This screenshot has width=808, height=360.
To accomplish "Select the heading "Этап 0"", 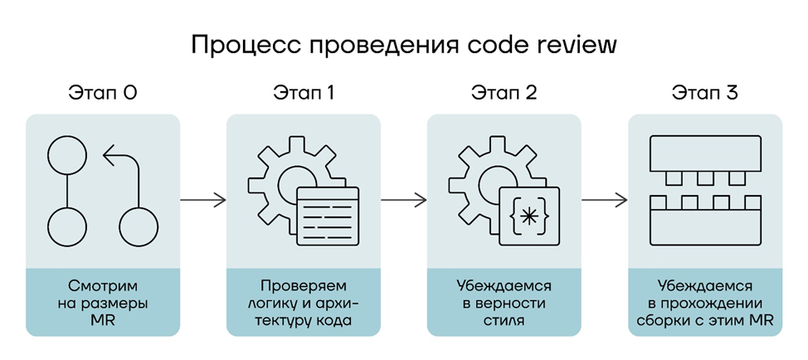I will point(102,93).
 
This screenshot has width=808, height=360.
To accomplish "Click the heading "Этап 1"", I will point(304,93).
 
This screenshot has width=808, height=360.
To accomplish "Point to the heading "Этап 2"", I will point(504,93).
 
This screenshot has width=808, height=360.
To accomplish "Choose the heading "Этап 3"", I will point(705,93).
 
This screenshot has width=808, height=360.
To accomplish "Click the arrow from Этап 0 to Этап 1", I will point(202,199).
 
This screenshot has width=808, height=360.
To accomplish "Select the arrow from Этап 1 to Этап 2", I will point(403,199).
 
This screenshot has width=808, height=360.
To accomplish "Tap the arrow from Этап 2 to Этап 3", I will point(604,199).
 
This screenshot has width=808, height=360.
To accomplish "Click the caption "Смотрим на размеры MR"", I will point(102,302).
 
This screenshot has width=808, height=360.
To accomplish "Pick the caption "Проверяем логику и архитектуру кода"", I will point(304,302).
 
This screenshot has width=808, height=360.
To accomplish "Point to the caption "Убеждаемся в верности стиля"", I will point(504,302).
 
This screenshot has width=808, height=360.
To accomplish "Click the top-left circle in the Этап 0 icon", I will point(67,154).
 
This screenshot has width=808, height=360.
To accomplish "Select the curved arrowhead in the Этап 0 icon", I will point(108,155).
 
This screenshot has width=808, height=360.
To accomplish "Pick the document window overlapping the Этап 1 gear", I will point(327,215).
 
